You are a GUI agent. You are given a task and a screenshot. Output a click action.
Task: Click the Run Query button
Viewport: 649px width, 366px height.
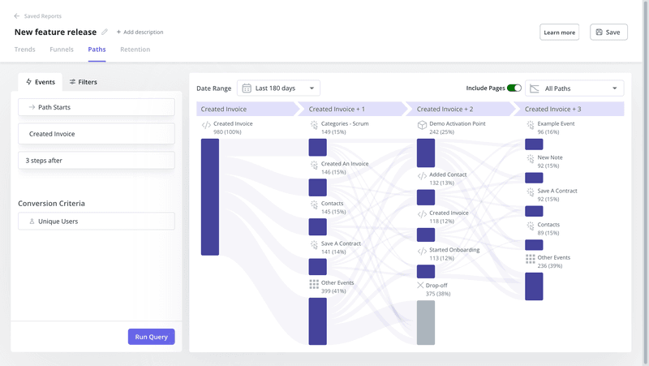pos(151,337)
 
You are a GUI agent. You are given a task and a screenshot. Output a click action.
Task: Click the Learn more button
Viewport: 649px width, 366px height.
pos(559,32)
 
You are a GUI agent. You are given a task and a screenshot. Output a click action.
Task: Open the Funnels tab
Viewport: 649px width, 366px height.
pos(62,50)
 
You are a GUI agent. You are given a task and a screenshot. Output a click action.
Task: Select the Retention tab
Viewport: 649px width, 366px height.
pos(135,50)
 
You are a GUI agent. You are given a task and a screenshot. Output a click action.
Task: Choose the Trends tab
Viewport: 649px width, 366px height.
pos(25,50)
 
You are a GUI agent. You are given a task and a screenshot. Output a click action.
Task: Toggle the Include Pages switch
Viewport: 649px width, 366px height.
pos(514,88)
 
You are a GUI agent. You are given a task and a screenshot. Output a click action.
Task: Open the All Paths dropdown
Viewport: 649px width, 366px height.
pos(574,88)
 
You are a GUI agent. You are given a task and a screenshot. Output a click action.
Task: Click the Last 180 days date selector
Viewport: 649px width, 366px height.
pos(278,88)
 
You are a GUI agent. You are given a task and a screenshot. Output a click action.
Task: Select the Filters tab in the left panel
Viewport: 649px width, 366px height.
pos(83,82)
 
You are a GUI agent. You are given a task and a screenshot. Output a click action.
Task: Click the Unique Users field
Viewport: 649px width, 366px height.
pos(97,221)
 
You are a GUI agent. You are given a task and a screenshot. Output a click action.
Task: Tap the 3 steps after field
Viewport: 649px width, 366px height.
pos(97,161)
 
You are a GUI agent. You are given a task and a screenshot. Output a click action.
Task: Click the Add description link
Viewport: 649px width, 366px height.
pos(140,32)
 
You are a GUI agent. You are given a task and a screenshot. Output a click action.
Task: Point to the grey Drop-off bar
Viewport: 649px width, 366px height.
pos(426,322)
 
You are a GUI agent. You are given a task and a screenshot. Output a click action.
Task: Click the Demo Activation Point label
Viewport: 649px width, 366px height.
pos(457,124)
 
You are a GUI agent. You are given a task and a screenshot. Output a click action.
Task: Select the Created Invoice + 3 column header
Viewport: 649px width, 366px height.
pos(553,109)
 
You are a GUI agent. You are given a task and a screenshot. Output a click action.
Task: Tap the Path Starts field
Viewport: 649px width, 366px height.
pos(97,107)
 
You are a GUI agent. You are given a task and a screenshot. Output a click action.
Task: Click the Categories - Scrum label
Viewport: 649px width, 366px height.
pos(345,124)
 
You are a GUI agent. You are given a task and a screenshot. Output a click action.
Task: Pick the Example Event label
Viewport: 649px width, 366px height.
pos(556,124)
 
